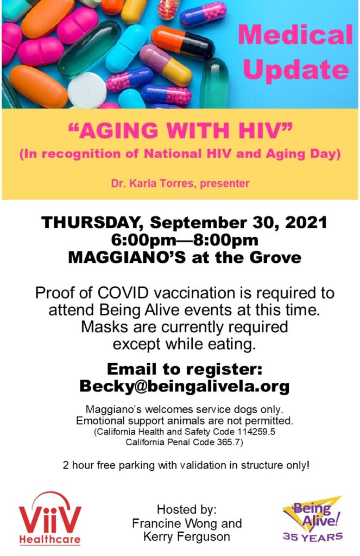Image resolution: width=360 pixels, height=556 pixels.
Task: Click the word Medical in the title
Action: coord(295,35)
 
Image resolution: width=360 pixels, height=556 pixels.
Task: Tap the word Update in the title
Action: coord(296,69)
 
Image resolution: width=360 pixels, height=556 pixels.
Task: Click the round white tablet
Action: coord(86,91)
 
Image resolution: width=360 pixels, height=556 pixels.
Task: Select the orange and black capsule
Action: coord(183,42)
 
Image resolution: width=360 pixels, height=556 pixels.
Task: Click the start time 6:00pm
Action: coord(143,240)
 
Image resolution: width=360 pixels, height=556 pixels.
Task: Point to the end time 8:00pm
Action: coord(225,240)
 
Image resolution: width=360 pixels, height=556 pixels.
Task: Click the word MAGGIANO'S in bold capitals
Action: coord(127,257)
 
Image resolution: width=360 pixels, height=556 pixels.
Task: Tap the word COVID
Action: coord(123,293)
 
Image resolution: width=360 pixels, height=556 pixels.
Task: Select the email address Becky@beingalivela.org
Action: coord(185,386)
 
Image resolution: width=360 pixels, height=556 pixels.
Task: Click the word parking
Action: coord(136,465)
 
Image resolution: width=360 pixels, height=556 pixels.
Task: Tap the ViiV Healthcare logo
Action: coord(50,518)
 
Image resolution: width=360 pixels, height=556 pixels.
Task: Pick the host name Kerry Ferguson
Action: coord(187,536)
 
